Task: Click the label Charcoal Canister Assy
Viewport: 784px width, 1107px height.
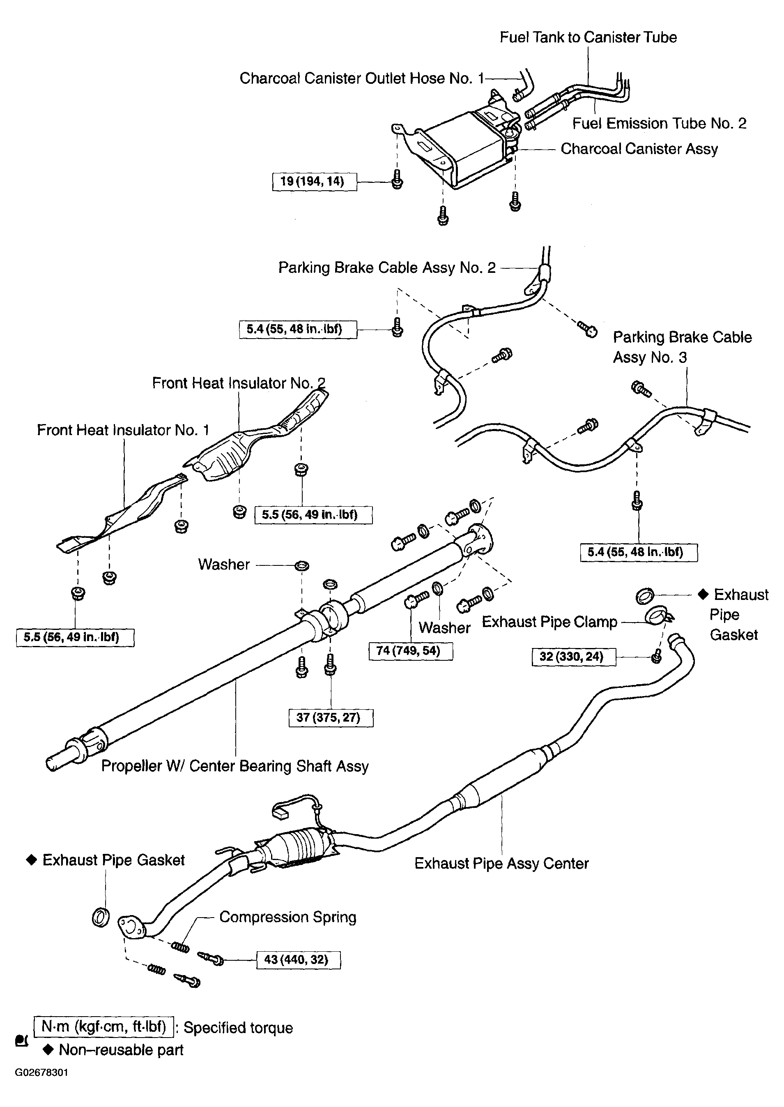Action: pyautogui.click(x=639, y=149)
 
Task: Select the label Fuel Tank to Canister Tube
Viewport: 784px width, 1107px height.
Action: pyautogui.click(x=588, y=37)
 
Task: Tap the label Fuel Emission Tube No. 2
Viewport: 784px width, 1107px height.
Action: pyautogui.click(x=659, y=124)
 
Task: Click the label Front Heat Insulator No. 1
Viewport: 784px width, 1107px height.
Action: pyautogui.click(x=123, y=430)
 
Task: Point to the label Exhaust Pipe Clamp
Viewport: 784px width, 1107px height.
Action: pyautogui.click(x=549, y=622)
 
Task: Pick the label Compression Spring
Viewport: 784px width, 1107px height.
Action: pyautogui.click(x=288, y=917)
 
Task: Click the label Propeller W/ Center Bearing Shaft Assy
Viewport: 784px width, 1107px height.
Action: pyautogui.click(x=235, y=766)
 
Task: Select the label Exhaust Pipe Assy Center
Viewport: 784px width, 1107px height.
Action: pyautogui.click(x=501, y=864)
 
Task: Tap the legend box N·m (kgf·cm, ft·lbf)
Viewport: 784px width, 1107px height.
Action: pyautogui.click(x=103, y=1026)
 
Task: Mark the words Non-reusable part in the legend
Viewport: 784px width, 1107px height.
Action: pyautogui.click(x=121, y=1050)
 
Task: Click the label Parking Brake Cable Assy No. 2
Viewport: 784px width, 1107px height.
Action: pyautogui.click(x=387, y=268)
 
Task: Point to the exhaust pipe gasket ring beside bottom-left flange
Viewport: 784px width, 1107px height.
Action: pyautogui.click(x=101, y=917)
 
